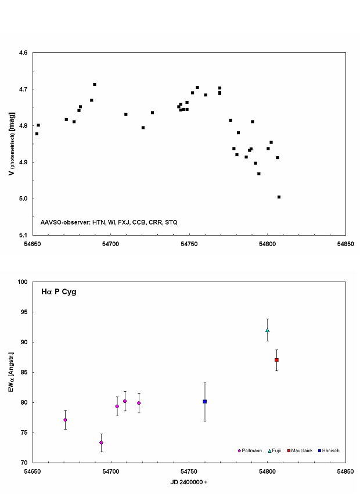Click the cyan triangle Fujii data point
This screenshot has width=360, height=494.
[267, 330]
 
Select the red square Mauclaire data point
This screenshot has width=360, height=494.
[277, 360]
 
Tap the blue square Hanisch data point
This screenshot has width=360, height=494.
[205, 401]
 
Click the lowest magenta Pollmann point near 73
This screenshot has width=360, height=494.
[101, 442]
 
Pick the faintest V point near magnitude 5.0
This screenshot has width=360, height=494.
[279, 197]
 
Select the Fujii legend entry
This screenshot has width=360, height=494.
[274, 450]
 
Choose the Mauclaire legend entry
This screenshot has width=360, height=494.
[300, 450]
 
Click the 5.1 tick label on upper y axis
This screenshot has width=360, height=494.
[23, 235]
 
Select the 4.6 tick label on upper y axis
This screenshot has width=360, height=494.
[23, 53]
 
